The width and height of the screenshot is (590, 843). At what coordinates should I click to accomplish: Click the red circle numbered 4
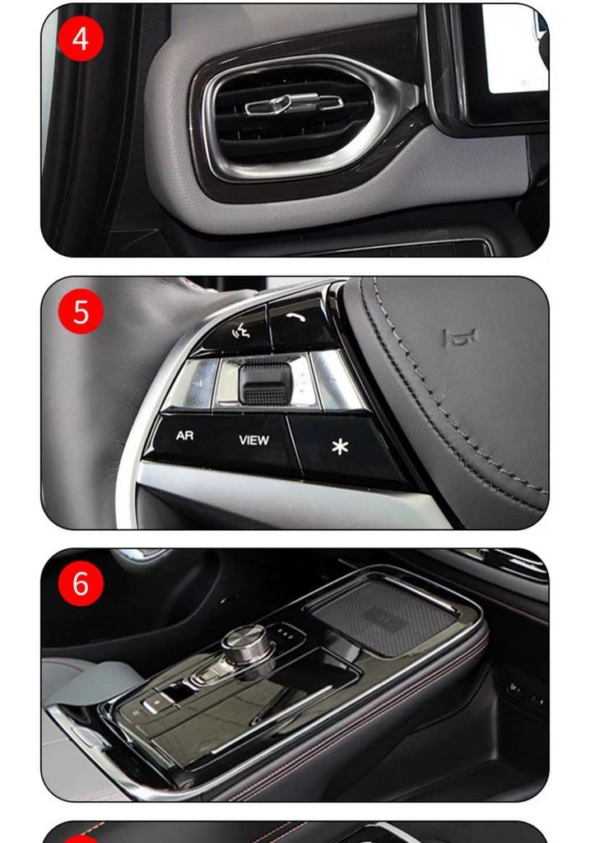81,38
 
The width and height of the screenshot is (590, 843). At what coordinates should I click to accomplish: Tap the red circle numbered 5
81,311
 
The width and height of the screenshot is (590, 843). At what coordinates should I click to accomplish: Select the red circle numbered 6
81,583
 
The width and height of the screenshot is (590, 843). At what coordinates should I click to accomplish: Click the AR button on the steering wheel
185,435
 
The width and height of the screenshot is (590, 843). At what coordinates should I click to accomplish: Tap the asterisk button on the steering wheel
339,447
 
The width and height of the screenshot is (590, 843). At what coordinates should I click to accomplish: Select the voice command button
239,331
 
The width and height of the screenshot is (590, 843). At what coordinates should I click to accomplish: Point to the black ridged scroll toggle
265,384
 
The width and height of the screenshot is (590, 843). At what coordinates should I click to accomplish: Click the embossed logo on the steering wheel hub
461,338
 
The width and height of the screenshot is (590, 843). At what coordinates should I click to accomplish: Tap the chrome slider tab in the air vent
294,104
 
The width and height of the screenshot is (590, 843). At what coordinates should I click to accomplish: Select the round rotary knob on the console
247,642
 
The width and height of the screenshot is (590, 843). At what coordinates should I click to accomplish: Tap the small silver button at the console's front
153,706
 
